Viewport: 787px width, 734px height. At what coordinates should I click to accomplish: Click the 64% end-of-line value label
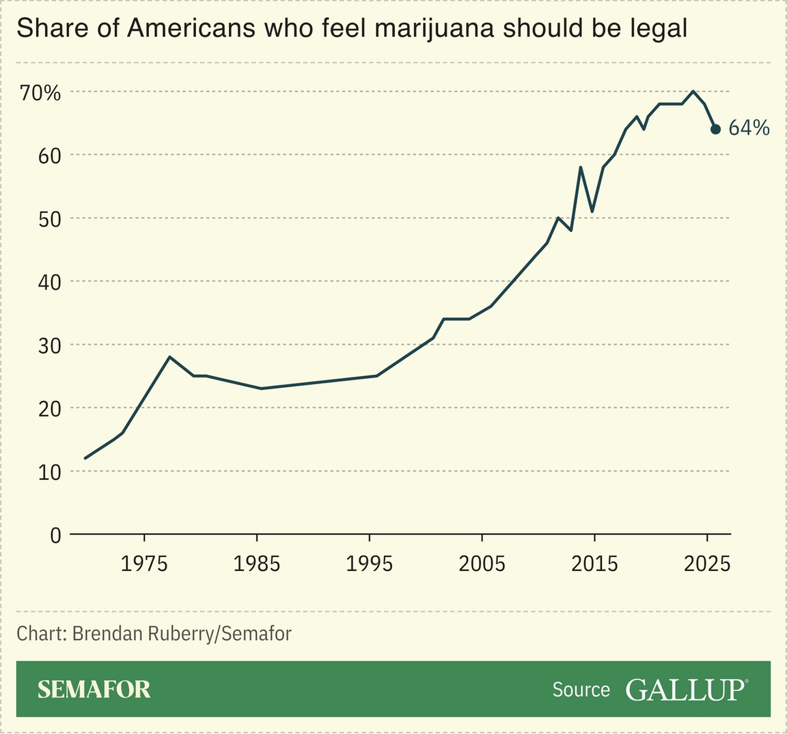pos(749,128)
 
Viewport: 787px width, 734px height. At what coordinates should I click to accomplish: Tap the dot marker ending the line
pos(715,129)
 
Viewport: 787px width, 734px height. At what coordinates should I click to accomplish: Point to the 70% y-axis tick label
pos(40,93)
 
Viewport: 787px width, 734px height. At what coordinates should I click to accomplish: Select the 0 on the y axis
pos(55,535)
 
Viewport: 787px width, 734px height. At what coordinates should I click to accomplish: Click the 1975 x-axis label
pos(144,564)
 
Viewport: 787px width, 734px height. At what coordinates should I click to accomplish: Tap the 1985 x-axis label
pos(257,564)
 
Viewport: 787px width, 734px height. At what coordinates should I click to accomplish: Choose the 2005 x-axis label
pos(482,564)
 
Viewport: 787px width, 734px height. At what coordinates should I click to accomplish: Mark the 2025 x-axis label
pos(707,564)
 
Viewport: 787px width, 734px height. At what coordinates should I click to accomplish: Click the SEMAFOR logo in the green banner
pos(94,690)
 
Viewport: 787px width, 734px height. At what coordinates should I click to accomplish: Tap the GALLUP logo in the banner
pos(686,690)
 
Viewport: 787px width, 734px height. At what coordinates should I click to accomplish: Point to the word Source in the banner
pos(581,690)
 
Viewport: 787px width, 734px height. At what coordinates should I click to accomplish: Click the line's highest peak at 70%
pos(693,91)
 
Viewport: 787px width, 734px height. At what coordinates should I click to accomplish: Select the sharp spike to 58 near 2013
pos(580,167)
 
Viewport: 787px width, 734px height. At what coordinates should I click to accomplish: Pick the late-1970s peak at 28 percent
pos(169,357)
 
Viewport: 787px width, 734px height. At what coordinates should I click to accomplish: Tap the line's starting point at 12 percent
pos(85,458)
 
